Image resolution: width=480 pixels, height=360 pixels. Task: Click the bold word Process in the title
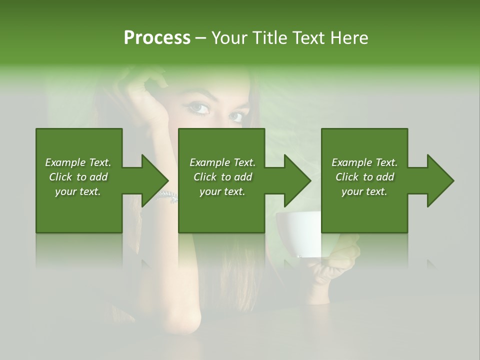click(x=157, y=38)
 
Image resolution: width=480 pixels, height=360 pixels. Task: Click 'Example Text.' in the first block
click(x=78, y=162)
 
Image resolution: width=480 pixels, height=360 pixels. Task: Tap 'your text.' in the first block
click(x=78, y=191)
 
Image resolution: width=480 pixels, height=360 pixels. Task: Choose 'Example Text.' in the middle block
click(x=222, y=162)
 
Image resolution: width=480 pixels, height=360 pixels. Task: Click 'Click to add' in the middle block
click(x=222, y=177)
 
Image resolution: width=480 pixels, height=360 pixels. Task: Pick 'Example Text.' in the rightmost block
click(x=364, y=162)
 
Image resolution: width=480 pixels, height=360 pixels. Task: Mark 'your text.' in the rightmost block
click(x=364, y=191)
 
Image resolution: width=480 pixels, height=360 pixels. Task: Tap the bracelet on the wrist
click(x=167, y=195)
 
